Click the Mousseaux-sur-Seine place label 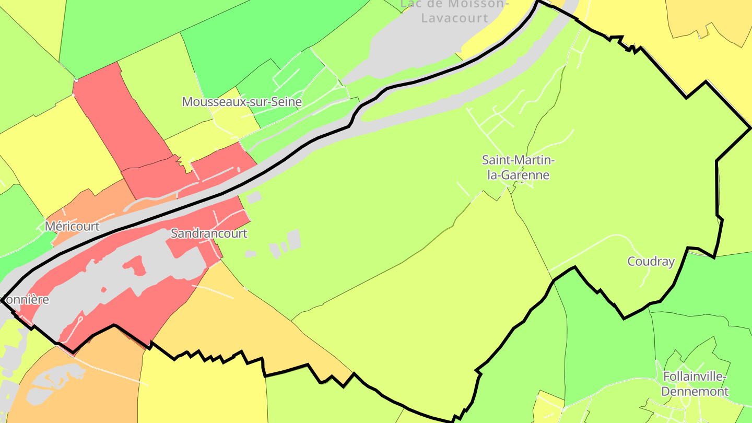point(242,102)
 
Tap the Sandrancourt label point(209,233)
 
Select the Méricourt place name point(72,226)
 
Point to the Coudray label point(651,262)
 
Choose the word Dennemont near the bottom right point(695,391)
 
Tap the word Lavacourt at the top point(455,18)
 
